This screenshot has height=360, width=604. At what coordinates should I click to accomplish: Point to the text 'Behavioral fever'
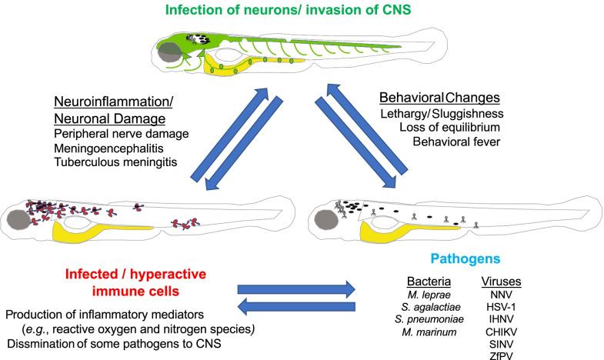(459, 142)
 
